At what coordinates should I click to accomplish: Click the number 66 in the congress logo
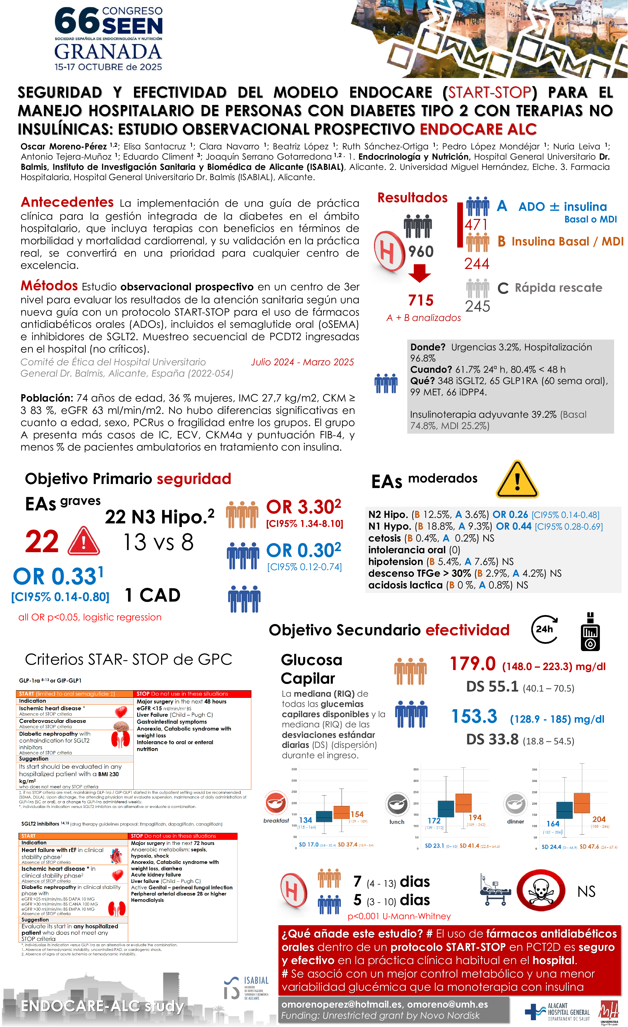point(77,21)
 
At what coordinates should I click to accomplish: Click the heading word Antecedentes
point(67,202)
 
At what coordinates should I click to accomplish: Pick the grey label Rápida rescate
point(558,287)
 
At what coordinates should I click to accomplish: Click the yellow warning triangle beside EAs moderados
point(517,480)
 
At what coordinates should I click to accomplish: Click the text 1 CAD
point(153,595)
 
